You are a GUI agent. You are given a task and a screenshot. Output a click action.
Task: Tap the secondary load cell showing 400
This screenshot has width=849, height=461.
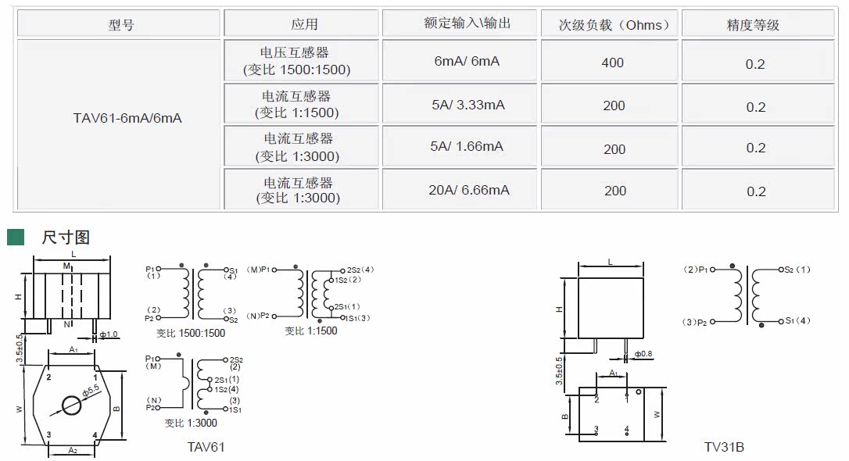[x=613, y=63]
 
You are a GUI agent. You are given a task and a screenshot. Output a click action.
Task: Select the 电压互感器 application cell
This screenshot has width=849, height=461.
[x=296, y=61]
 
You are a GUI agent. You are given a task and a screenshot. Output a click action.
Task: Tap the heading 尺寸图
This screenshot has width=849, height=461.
[x=66, y=237]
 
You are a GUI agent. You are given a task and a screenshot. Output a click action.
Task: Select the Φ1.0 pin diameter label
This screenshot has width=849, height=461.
[x=108, y=334]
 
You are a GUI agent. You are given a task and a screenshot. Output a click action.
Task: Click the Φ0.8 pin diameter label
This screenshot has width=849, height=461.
[x=643, y=354]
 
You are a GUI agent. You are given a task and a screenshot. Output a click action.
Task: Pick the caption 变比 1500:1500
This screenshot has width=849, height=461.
[x=191, y=333]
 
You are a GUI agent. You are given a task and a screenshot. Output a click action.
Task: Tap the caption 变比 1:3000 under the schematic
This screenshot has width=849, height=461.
[x=191, y=423]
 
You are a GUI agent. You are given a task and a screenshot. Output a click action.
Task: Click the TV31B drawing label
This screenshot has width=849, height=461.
[x=725, y=447]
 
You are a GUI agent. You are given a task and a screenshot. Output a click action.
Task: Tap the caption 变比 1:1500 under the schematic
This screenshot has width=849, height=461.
[x=311, y=331]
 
